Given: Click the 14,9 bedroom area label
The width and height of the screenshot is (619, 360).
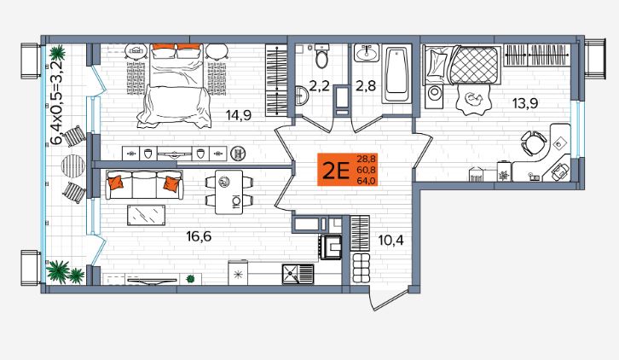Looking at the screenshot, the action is point(239,115).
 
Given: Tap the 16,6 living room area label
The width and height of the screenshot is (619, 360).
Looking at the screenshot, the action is point(199,236).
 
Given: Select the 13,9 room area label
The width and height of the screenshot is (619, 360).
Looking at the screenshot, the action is point(525,103).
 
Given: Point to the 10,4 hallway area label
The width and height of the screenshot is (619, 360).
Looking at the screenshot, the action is point(390,240).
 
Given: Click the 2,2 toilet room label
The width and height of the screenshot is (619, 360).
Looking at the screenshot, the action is point(319,86).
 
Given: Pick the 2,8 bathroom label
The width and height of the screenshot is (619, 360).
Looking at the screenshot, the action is point(366,86).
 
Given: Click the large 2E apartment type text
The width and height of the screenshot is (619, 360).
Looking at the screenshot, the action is point(336,171).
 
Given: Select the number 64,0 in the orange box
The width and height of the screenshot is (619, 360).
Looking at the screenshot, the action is point(367,181).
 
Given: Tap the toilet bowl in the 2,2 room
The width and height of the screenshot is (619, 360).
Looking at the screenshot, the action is point(322,56).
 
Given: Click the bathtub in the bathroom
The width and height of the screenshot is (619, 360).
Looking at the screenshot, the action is point(396,75).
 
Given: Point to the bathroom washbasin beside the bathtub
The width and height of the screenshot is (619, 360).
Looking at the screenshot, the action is point(367,53).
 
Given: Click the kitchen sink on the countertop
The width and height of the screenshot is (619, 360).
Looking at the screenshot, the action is point(298,274).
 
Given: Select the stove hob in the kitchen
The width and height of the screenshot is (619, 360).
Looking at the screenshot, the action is point(331,247).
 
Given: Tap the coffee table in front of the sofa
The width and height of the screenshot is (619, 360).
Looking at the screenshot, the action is point(146,215).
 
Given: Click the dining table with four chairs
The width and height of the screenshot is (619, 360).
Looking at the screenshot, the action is point(229,192).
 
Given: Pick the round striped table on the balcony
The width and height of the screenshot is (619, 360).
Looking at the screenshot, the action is point(73,166).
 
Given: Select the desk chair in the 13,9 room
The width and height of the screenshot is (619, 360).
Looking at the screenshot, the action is point(533,142).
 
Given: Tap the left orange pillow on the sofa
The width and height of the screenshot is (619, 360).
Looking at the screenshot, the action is point(116,182).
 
